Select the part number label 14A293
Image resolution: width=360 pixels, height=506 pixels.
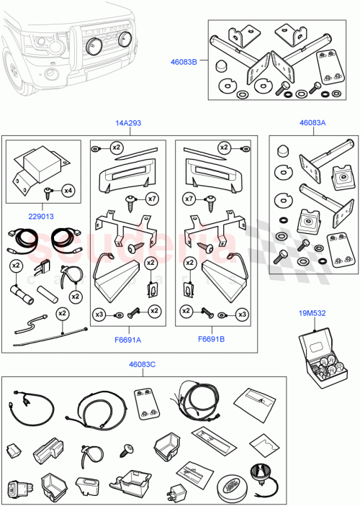(128, 123)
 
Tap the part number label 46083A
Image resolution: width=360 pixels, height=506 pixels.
(311, 123)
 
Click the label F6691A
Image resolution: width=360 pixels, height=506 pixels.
(127, 338)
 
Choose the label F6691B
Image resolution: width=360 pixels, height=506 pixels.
(211, 338)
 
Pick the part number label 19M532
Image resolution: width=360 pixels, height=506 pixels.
(311, 314)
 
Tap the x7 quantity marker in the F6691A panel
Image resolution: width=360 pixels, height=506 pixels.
(150, 198)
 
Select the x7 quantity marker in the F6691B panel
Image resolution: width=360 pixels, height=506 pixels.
(189, 198)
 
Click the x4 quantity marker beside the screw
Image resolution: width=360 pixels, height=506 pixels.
(68, 191)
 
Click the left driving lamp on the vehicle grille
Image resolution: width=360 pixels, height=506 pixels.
(93, 45)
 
